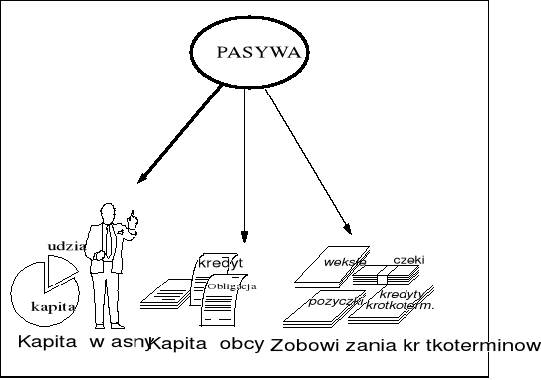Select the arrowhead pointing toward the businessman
[143, 179]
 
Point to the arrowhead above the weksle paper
[348, 228]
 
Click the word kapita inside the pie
[53, 307]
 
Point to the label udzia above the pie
[66, 245]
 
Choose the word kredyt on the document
[220, 263]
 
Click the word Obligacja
[232, 286]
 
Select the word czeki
[408, 260]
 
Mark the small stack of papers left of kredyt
[167, 293]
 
